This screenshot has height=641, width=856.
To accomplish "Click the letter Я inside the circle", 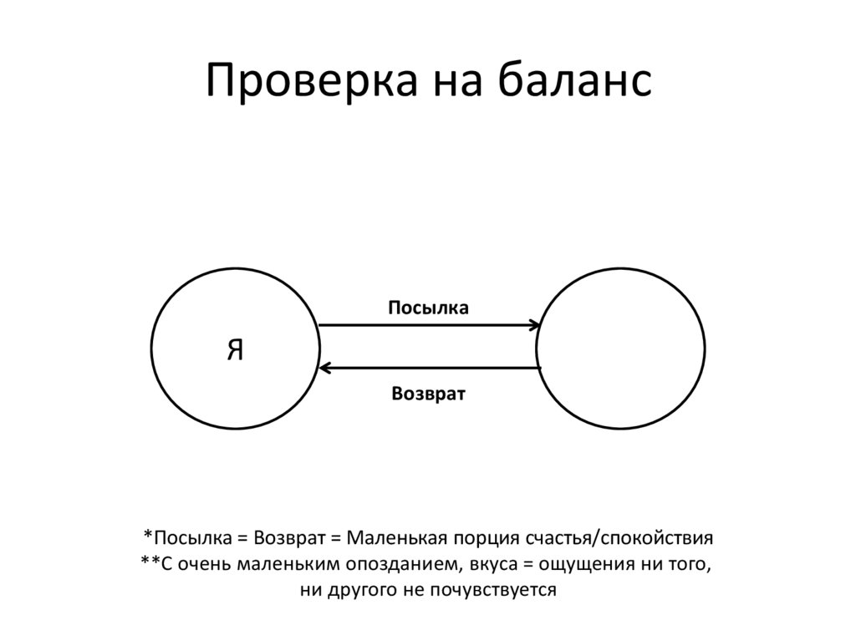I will click(x=236, y=350).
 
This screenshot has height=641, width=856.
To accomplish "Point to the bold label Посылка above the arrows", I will click(x=428, y=308).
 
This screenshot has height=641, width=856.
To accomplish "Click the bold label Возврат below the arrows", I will click(x=428, y=393).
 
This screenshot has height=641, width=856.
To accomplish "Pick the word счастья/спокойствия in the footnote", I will click(x=620, y=537).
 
